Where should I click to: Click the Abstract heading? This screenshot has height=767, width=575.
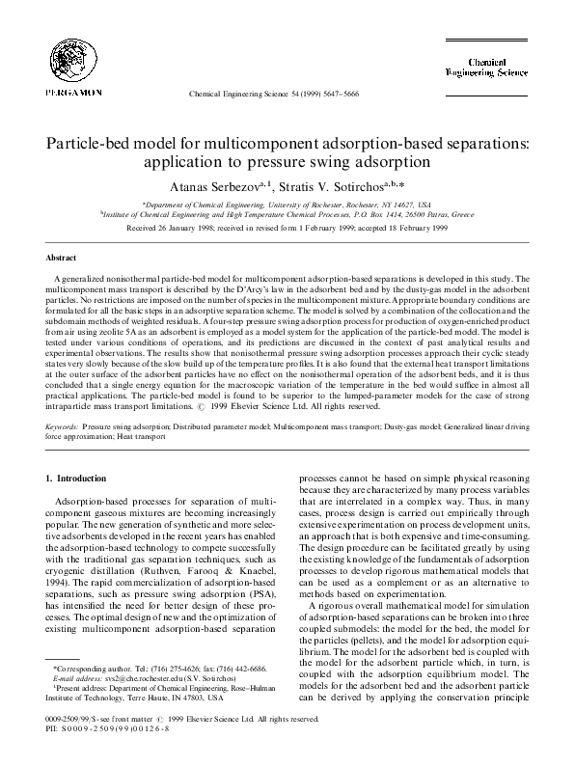click(x=63, y=259)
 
